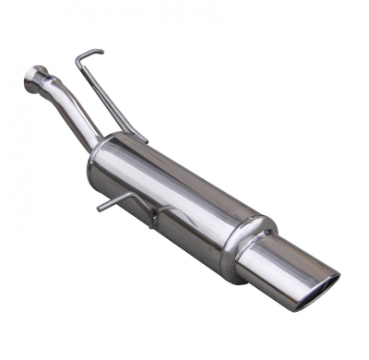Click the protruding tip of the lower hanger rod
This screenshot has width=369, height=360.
click(x=99, y=209)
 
